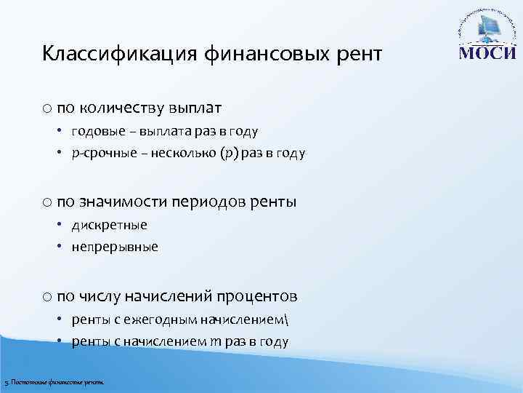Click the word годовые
[x=95, y=132]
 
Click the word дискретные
[x=109, y=225]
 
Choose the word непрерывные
[x=114, y=247]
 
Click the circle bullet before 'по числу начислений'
[x=46, y=296]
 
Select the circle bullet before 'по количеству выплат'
[x=46, y=108]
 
